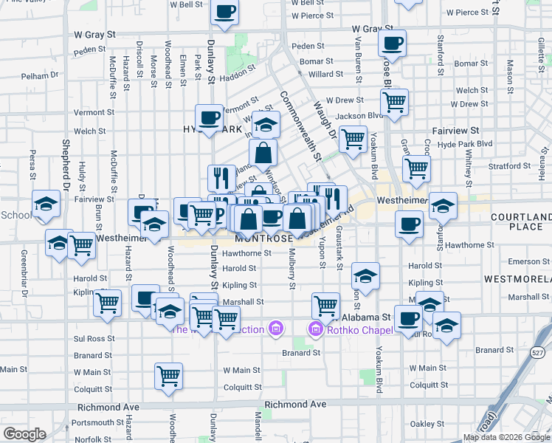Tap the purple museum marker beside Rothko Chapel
tap(316, 329)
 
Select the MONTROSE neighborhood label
tap(264, 239)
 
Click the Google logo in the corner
tap(24, 434)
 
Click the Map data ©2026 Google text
tap(506, 437)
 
